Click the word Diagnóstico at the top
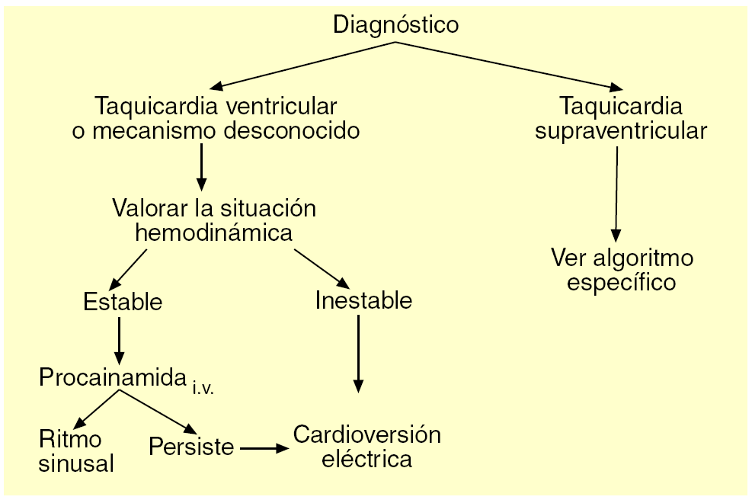[x=396, y=24]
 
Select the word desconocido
[x=291, y=130]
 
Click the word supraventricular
[x=620, y=130]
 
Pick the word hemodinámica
[x=213, y=232]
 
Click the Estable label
[x=123, y=302]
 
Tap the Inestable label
[x=363, y=300]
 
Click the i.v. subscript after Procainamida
[x=203, y=387]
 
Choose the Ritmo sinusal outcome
[x=76, y=450]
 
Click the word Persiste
[x=191, y=446]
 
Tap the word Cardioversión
[x=367, y=435]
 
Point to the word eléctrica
[x=367, y=460]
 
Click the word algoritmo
[x=644, y=258]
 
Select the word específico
[x=622, y=282]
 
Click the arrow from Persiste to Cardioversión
[x=264, y=448]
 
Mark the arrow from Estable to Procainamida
[x=119, y=338]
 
